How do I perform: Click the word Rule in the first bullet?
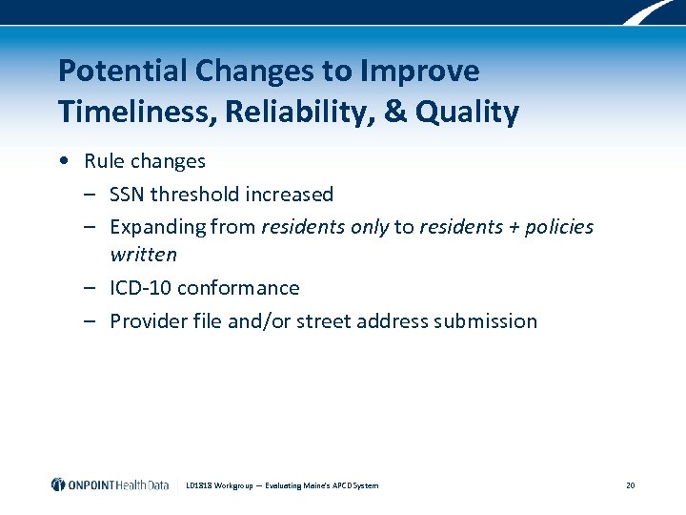coord(103,161)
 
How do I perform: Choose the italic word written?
coord(143,255)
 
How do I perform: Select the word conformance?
coord(238,288)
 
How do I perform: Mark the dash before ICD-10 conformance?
coord(88,288)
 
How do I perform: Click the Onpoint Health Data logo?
coord(110,485)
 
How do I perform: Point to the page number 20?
coord(630,485)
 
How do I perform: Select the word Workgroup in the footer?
coord(232,485)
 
